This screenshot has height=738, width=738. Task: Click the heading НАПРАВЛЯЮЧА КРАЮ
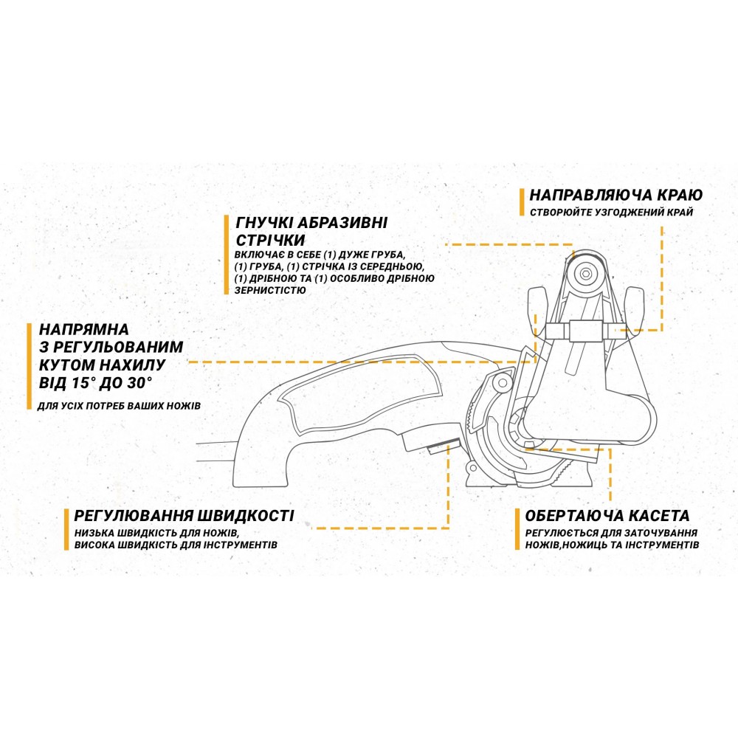point(615,194)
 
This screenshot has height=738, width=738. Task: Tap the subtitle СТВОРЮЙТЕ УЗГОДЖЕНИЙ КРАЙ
point(611,213)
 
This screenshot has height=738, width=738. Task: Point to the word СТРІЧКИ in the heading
point(270,240)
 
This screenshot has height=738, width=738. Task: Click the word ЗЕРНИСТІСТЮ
point(270,290)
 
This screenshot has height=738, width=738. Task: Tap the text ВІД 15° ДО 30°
point(96,382)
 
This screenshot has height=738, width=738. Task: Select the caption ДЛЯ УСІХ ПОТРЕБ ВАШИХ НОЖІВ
point(119,406)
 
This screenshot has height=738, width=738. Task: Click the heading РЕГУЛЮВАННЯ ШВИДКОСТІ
point(184,515)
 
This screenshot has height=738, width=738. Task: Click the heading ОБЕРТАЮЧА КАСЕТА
point(607,515)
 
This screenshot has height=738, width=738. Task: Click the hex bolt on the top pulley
point(585,274)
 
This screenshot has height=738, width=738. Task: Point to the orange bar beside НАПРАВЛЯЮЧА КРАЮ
point(522,202)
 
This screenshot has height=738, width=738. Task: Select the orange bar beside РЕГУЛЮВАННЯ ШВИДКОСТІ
point(66,529)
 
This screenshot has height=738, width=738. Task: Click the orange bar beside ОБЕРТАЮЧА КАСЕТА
point(517,529)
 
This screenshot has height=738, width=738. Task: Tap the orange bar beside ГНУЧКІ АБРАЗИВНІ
point(227,255)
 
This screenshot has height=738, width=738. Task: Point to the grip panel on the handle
point(360,395)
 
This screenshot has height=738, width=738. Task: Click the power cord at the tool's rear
point(215,450)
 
